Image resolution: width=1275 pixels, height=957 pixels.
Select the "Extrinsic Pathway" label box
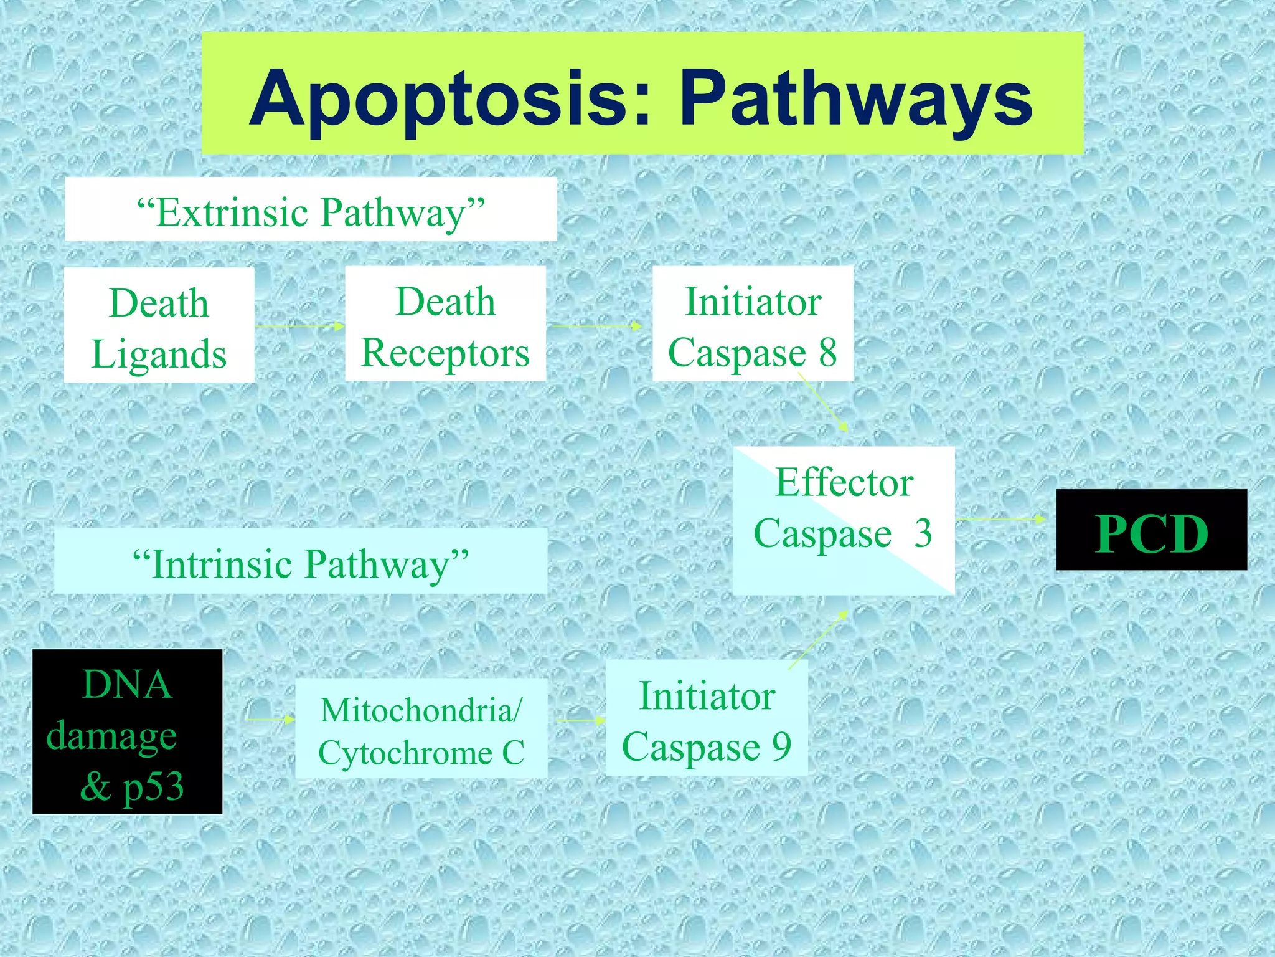[311, 210]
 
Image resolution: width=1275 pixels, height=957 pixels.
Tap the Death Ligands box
[159, 325]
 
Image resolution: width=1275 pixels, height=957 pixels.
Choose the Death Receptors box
[446, 324]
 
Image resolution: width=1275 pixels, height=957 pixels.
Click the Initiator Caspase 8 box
[753, 324]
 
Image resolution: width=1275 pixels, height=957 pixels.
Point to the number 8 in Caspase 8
[827, 352]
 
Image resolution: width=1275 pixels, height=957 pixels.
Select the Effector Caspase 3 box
[844, 520]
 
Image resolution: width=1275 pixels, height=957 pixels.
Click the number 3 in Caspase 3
[923, 533]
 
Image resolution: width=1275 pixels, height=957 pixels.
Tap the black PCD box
[1152, 530]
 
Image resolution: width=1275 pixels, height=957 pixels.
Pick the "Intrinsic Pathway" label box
[301, 562]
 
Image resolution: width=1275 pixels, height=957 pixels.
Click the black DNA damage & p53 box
[128, 732]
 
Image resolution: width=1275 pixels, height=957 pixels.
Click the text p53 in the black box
[153, 787]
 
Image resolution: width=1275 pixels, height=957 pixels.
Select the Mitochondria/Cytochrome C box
[421, 729]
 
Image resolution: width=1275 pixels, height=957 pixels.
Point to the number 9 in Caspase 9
[781, 746]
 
